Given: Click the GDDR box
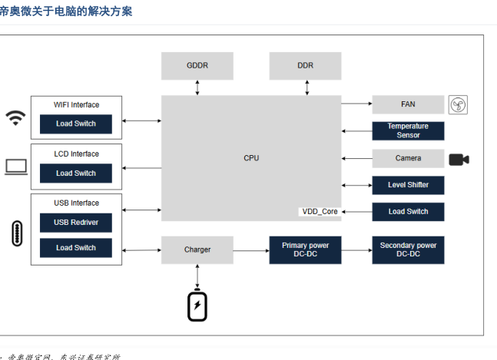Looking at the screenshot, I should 197,66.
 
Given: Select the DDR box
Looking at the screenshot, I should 305,66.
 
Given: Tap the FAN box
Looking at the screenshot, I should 408,104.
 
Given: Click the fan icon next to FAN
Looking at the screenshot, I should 459,104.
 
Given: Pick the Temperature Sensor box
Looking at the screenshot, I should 408,130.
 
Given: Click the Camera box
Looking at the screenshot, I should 408,158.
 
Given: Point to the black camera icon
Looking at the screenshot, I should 459,159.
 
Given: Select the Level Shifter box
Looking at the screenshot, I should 408,185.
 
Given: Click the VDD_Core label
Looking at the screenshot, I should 319,211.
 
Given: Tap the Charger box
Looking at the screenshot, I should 197,249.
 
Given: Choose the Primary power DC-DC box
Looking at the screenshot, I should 305,249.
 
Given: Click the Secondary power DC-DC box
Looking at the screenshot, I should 408,249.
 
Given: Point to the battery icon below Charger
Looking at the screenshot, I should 197,306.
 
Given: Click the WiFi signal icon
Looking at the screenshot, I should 15,117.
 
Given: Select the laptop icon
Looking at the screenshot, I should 16,167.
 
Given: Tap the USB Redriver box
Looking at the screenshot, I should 75,223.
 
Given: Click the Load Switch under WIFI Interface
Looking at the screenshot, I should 75,124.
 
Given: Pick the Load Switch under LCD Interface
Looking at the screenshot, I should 75,173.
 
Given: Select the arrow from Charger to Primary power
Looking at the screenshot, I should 251,249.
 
